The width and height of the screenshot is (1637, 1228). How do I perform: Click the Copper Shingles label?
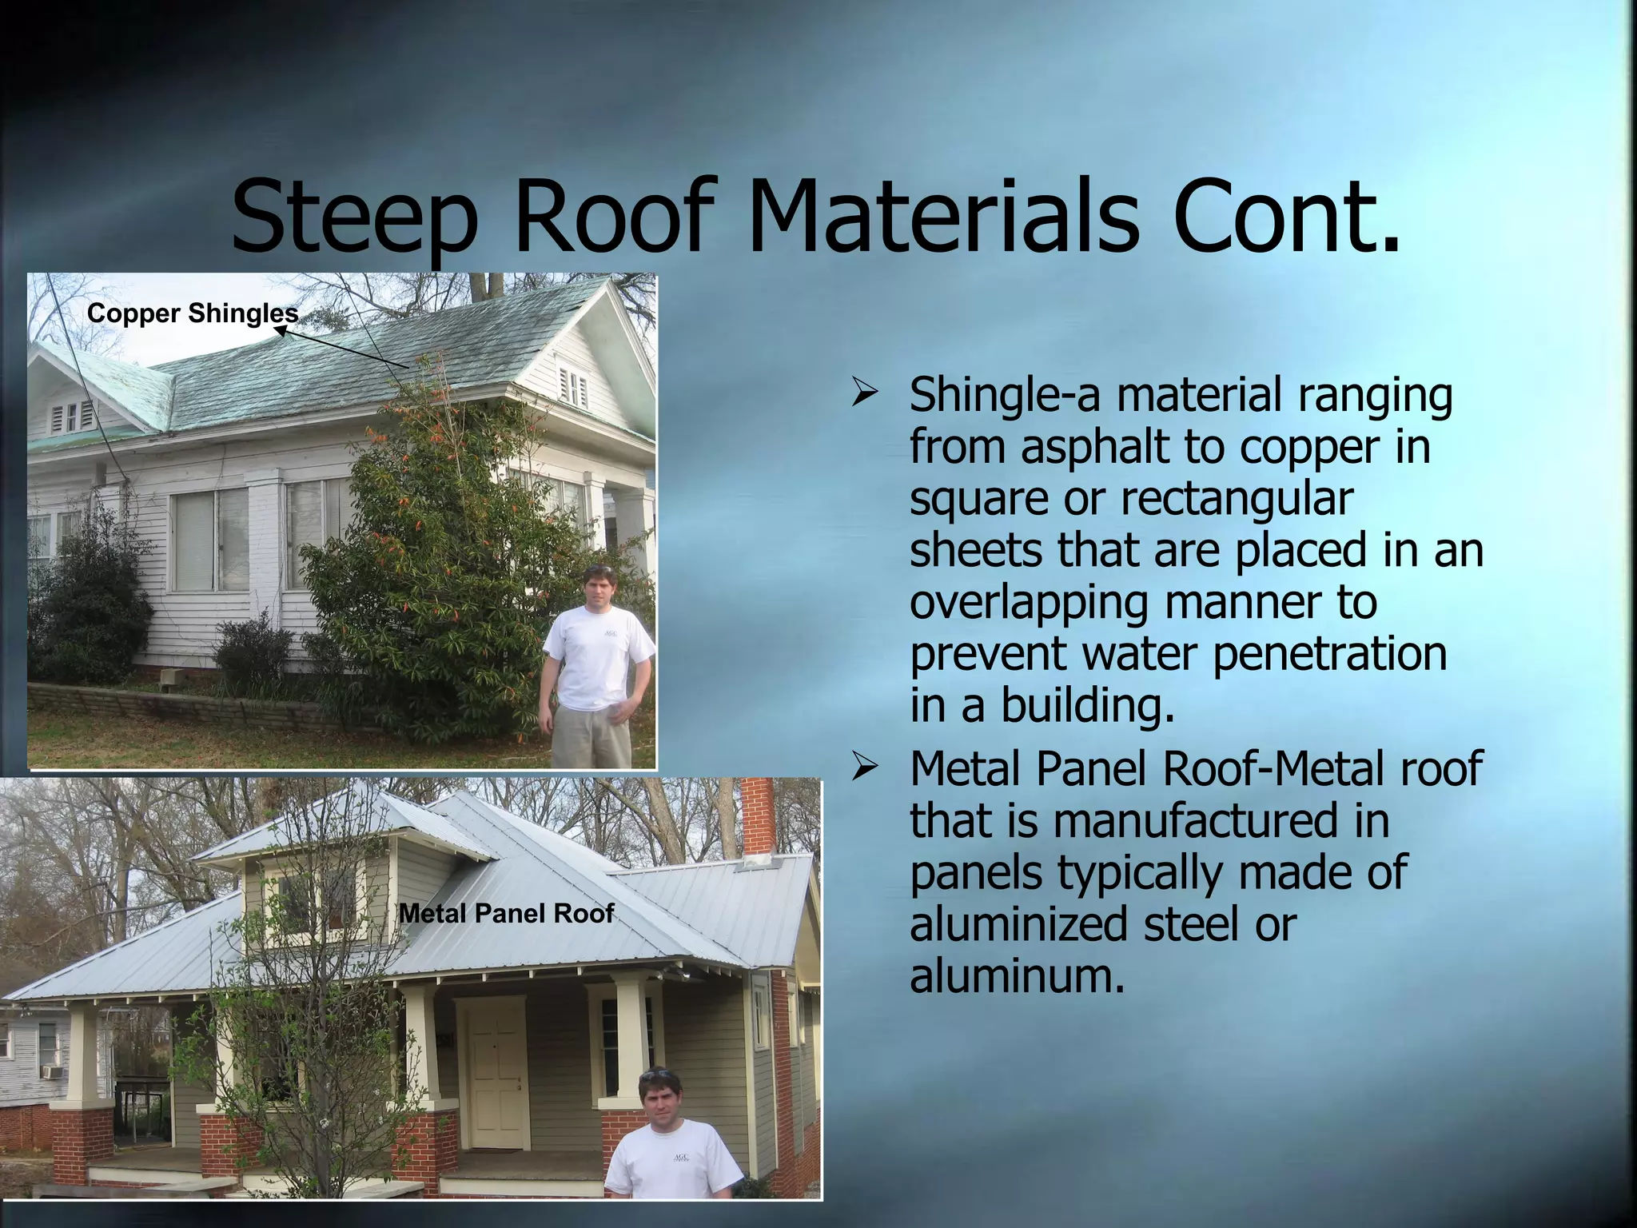(x=192, y=313)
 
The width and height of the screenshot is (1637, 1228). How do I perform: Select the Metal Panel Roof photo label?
(x=506, y=913)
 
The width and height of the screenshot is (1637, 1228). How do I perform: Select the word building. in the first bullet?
(x=1087, y=705)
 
